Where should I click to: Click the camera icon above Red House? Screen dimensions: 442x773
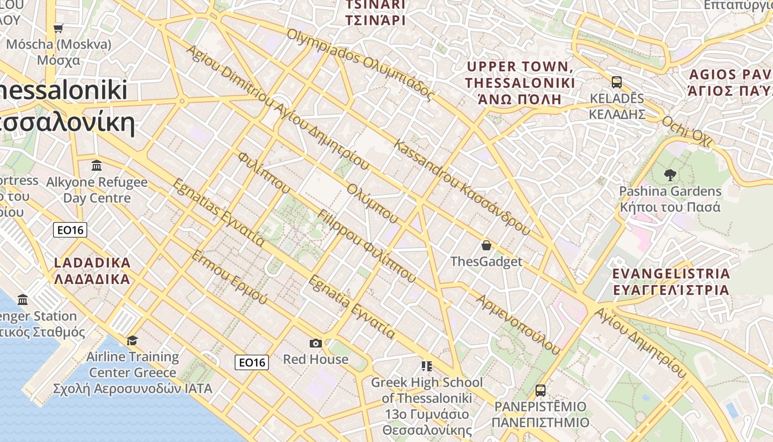click(316, 343)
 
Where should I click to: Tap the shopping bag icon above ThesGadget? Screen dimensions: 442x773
click(486, 245)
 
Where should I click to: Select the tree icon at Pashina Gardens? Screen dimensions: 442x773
click(670, 175)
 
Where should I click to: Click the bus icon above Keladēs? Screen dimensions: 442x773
click(617, 82)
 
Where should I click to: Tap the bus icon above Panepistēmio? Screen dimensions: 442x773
click(541, 391)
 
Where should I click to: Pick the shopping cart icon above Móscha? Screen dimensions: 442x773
click(59, 28)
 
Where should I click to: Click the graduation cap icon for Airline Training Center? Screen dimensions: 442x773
click(132, 340)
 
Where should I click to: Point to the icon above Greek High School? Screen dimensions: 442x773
click(426, 366)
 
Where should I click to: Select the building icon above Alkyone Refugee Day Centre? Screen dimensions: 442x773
click(97, 165)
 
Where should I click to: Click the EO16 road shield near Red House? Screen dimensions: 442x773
click(252, 362)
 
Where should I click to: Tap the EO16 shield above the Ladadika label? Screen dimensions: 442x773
click(71, 230)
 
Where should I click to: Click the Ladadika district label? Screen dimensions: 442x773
click(92, 271)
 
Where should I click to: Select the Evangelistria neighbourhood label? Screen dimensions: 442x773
click(671, 282)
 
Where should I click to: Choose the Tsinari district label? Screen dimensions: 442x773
click(375, 13)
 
